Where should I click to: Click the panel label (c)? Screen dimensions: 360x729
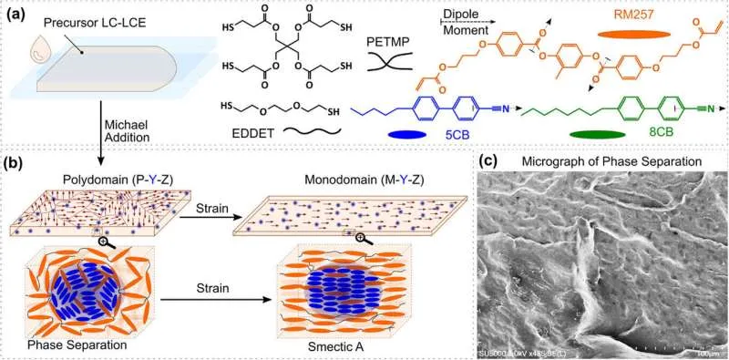(488, 164)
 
